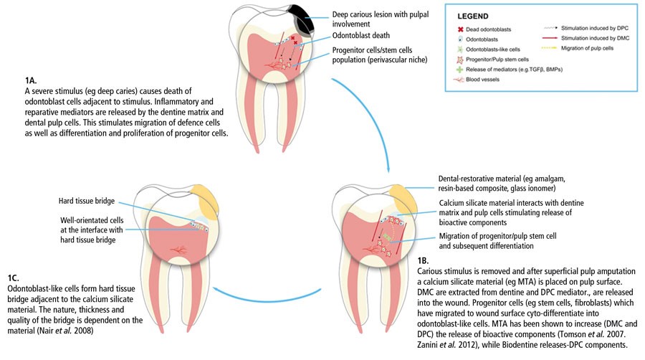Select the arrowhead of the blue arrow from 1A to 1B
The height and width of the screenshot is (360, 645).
pyautogui.click(x=388, y=171)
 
